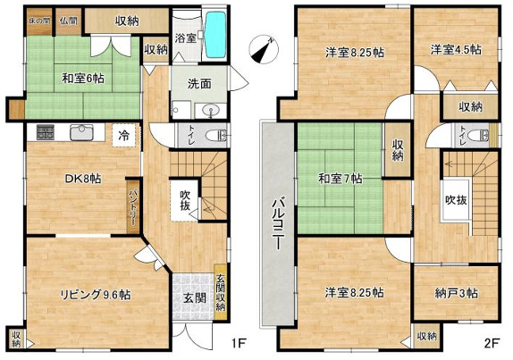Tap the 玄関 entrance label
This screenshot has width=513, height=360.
tap(195, 297)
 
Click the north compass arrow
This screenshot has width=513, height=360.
tap(261, 49)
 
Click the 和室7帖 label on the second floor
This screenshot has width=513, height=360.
tap(340, 179)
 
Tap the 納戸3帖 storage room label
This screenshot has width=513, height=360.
tap(457, 293)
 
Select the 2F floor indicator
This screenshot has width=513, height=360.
tap(491, 341)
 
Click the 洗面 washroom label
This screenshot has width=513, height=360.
tap(198, 83)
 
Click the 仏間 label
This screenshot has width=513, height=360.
tap(68, 20)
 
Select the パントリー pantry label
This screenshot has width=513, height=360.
tap(132, 204)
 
